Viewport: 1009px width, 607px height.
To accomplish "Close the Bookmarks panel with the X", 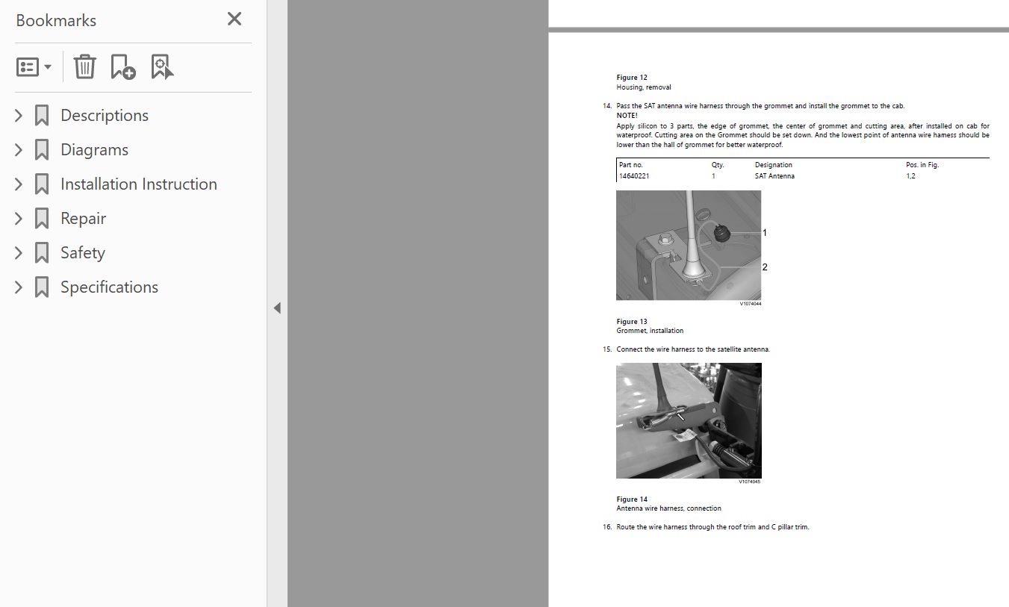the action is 235,19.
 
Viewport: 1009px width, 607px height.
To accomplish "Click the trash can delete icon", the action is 84,66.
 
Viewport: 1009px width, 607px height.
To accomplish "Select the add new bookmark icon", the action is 123,66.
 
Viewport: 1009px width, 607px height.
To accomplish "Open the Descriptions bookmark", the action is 104,115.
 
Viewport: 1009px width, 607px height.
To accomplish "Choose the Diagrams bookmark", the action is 94,149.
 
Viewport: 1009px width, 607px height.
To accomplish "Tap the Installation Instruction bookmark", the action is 139,184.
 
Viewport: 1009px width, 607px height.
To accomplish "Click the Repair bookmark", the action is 84,219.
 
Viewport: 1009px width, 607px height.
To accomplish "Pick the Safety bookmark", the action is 83,252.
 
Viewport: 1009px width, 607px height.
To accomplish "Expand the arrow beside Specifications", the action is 19,287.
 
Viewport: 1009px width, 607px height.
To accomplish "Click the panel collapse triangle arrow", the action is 277,308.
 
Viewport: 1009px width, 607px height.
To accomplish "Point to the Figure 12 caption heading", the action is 632,78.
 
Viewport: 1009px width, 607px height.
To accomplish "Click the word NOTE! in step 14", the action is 627,116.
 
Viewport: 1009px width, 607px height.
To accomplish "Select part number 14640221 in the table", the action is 634,176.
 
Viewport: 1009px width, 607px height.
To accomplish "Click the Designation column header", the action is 774,165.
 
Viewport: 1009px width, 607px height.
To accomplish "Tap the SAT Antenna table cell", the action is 774,176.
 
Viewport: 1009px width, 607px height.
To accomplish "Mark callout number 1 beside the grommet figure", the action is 765,233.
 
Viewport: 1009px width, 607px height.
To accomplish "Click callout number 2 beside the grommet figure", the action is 765,267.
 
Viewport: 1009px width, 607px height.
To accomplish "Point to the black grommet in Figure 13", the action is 721,233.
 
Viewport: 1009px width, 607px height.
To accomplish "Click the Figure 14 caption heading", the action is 632,499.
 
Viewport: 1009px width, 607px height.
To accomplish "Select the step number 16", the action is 607,527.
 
